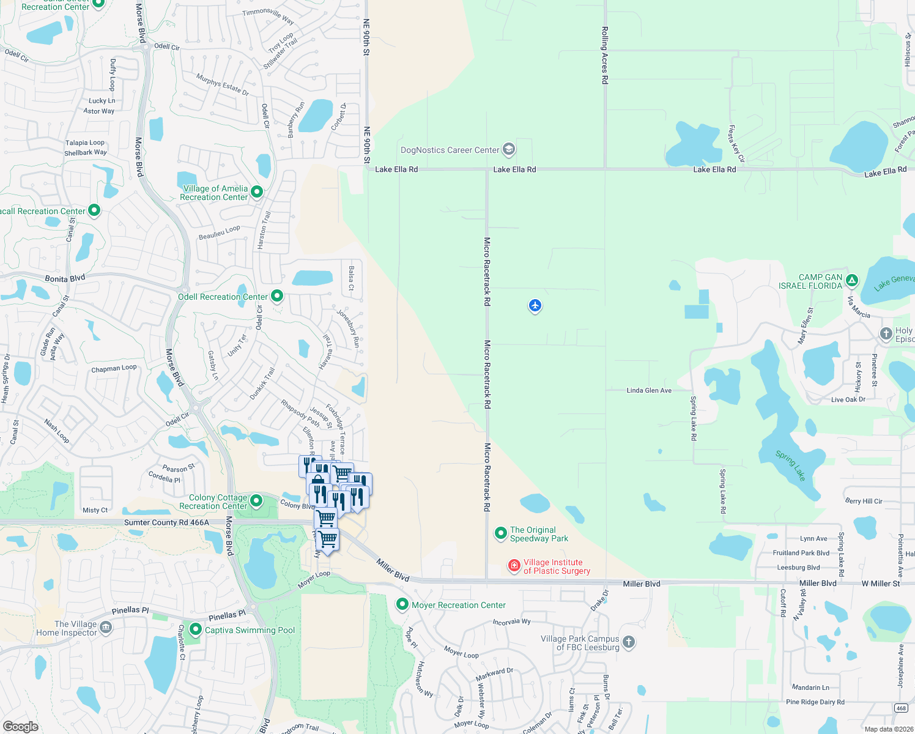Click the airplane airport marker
tap(535, 305)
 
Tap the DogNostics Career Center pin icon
tap(508, 149)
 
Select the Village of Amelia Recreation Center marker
tap(257, 192)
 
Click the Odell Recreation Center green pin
tap(277, 296)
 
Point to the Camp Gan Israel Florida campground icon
tap(852, 281)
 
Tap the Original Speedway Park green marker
tap(501, 533)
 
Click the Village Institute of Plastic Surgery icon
tap(514, 565)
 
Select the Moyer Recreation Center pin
tap(402, 604)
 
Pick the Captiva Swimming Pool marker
tap(196, 629)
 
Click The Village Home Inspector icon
tap(106, 628)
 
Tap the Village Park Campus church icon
tap(629, 642)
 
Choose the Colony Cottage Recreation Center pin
tap(257, 502)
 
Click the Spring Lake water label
tap(790, 465)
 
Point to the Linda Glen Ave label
tap(649, 390)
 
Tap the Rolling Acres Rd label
tap(605, 55)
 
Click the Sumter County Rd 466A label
tap(166, 522)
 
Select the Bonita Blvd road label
tap(65, 279)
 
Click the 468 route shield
tap(901, 708)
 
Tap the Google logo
tap(21, 726)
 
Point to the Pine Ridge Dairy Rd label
tap(815, 702)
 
